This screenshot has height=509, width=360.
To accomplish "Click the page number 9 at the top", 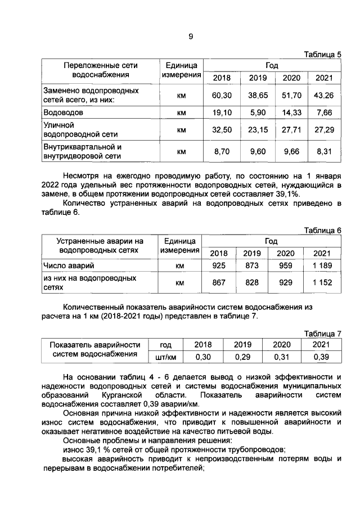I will pyautogui.click(x=191, y=37).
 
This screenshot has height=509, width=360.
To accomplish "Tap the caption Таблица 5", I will pyautogui.click(x=322, y=55).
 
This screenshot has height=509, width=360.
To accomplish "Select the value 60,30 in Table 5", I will pyautogui.click(x=222, y=96).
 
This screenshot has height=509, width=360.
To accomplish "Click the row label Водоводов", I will pyautogui.click(x=64, y=113).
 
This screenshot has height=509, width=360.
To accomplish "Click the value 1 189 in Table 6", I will pyautogui.click(x=322, y=265).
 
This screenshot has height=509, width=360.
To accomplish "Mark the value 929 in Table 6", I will pyautogui.click(x=286, y=283).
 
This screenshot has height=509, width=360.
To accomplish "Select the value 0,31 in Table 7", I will pyautogui.click(x=282, y=357).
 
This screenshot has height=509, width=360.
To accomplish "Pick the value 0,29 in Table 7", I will pyautogui.click(x=242, y=357).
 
